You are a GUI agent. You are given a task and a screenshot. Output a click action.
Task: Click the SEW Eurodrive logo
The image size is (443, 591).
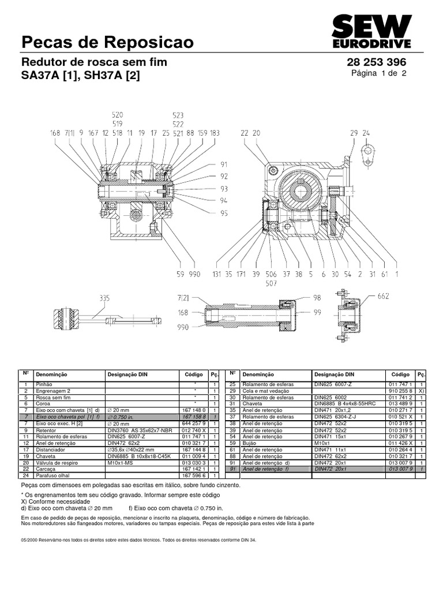pyautogui.click(x=371, y=32)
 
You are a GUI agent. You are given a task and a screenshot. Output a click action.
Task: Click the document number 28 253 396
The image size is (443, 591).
pyautogui.click(x=376, y=62)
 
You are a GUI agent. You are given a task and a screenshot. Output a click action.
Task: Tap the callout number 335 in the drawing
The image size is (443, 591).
pyautogui.click(x=104, y=298)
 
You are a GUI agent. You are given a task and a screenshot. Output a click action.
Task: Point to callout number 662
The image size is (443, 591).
pyautogui.click(x=384, y=297)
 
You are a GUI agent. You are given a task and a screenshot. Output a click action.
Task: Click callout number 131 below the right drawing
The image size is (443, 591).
pyautogui.click(x=217, y=275)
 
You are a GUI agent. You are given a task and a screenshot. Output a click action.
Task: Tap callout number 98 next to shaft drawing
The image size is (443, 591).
pyautogui.click(x=316, y=297)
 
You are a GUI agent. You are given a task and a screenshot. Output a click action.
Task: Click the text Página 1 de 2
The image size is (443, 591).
pyautogui.click(x=379, y=73)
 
